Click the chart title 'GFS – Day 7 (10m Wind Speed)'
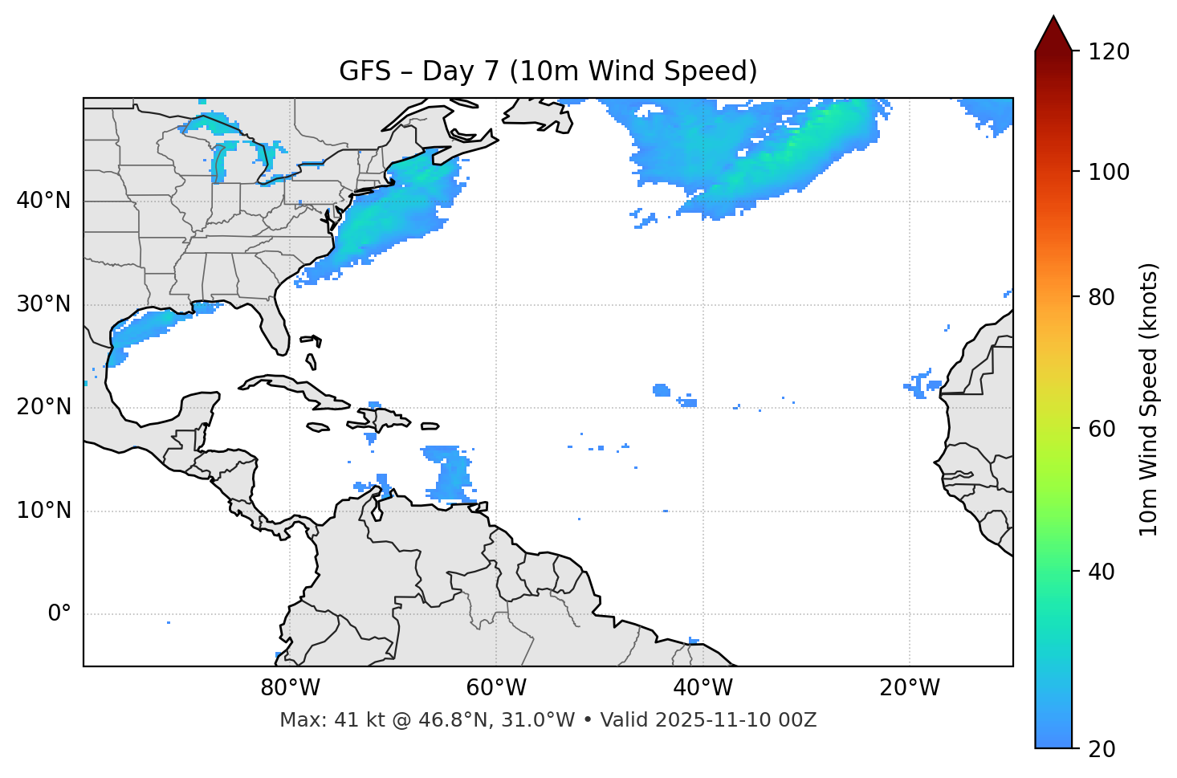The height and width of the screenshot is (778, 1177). coord(548,71)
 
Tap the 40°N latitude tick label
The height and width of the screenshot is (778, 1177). coord(43,201)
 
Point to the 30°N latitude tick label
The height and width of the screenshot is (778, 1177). coord(43,304)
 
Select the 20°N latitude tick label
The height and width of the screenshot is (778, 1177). coord(43,407)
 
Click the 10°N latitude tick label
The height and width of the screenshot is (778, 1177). coord(43,511)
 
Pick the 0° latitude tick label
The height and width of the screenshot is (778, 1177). coord(59,614)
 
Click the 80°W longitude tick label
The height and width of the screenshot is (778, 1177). coord(290,688)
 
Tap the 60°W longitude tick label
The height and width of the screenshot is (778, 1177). coord(496,688)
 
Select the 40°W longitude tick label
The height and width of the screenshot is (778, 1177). coord(703,688)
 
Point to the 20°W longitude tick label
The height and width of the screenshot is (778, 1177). coord(909,688)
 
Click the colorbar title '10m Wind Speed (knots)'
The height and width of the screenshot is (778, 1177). coord(1149,399)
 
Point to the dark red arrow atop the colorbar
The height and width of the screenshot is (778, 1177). coord(1053,35)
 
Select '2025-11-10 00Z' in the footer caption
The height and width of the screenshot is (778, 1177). coord(735,720)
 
